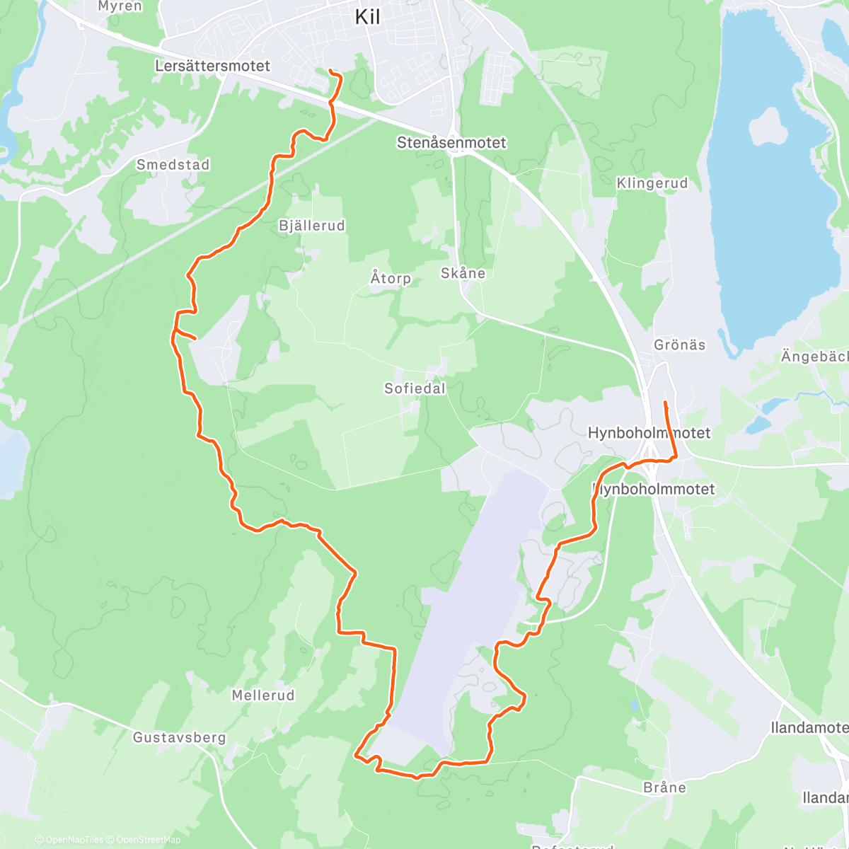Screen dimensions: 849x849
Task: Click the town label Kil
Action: (x=367, y=17)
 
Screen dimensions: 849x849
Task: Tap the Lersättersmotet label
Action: (x=212, y=66)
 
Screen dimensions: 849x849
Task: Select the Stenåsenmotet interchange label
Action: (x=451, y=143)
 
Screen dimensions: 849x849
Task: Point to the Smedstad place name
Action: (x=173, y=165)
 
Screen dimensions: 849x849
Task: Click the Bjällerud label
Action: (x=312, y=226)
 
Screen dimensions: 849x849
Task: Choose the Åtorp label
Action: (x=391, y=277)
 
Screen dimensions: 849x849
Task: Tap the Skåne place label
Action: (x=463, y=273)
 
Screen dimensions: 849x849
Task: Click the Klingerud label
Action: (x=652, y=183)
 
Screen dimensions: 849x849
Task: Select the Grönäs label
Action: (x=679, y=345)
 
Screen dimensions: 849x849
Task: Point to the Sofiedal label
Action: (x=415, y=388)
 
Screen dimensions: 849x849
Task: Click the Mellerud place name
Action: (x=263, y=695)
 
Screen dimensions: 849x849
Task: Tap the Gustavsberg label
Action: (x=180, y=737)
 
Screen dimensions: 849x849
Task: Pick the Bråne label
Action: (x=665, y=787)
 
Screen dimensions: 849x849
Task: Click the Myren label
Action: (x=120, y=6)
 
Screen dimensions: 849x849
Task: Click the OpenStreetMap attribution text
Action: (x=149, y=840)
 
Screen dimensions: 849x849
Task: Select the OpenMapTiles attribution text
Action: (x=74, y=840)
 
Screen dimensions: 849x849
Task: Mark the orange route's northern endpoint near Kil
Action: (x=331, y=70)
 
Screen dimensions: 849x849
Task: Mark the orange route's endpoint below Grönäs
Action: (x=665, y=403)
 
